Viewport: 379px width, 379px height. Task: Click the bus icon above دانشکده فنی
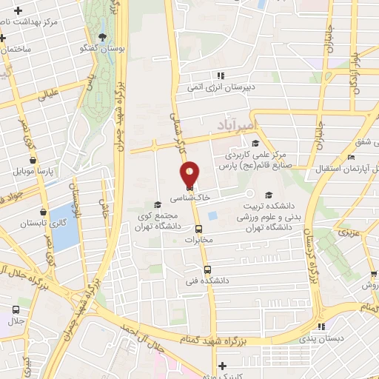tap(207, 270)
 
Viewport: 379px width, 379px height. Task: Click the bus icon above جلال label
tap(16, 310)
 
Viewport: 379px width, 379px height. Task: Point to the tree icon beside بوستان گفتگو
tap(103, 38)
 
